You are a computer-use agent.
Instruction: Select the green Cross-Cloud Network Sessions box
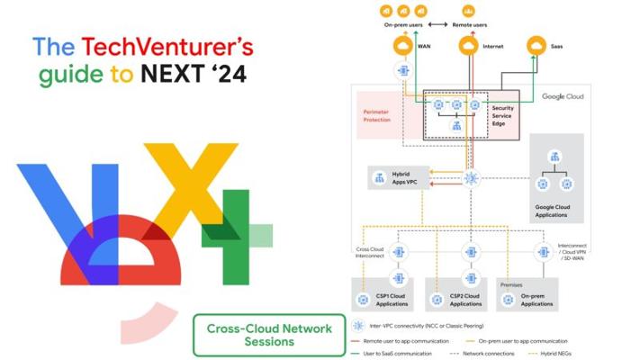pyautogui.click(x=269, y=334)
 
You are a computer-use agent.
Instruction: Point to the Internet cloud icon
pyautogui.click(x=467, y=46)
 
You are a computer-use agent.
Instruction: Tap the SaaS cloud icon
pyautogui.click(x=536, y=46)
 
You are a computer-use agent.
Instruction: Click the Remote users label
pyautogui.click(x=468, y=24)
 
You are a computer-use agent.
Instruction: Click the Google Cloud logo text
pyautogui.click(x=562, y=96)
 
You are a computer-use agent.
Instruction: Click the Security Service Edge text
pyautogui.click(x=503, y=115)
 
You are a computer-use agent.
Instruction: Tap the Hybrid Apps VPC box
pyautogui.click(x=399, y=178)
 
